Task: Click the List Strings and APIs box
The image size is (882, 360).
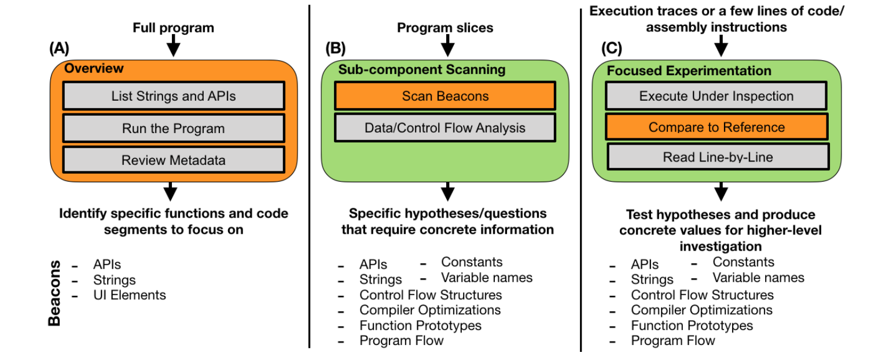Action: [173, 96]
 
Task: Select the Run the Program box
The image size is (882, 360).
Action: [173, 128]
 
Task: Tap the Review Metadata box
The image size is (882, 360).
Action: [173, 160]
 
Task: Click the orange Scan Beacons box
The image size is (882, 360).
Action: [445, 96]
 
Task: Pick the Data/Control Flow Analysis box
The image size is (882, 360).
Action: [445, 128]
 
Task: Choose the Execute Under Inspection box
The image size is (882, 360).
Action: [716, 96]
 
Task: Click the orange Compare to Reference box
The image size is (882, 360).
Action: [716, 127]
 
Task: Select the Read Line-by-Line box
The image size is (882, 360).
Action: [718, 157]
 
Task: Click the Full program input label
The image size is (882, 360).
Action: [173, 27]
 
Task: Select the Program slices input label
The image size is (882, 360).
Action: [445, 27]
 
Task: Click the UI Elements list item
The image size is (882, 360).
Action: [129, 295]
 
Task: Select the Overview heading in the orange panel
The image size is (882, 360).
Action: [94, 68]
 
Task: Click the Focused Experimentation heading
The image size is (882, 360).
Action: [689, 71]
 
